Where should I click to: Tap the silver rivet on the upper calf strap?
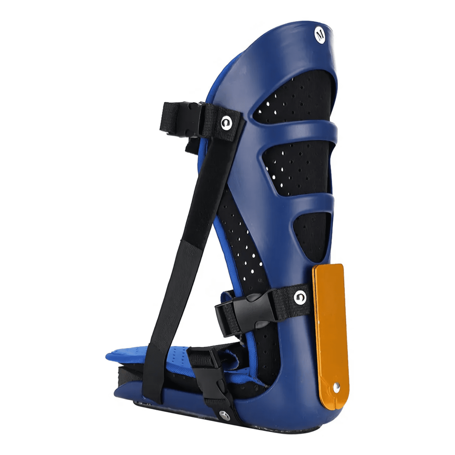tap(226, 123)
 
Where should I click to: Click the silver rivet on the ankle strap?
tap(300, 297)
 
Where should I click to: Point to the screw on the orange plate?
tap(336, 387)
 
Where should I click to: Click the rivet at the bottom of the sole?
tap(224, 415)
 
